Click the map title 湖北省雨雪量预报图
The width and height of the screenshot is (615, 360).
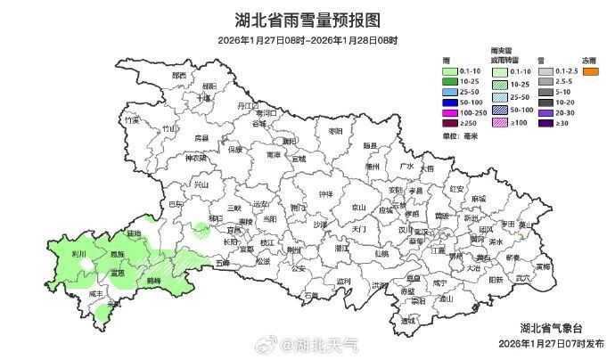pos(307,20)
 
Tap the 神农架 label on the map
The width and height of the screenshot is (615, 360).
pos(195,158)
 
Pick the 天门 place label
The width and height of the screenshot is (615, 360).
pos(360,229)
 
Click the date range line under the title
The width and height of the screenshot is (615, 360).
pos(307,40)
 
